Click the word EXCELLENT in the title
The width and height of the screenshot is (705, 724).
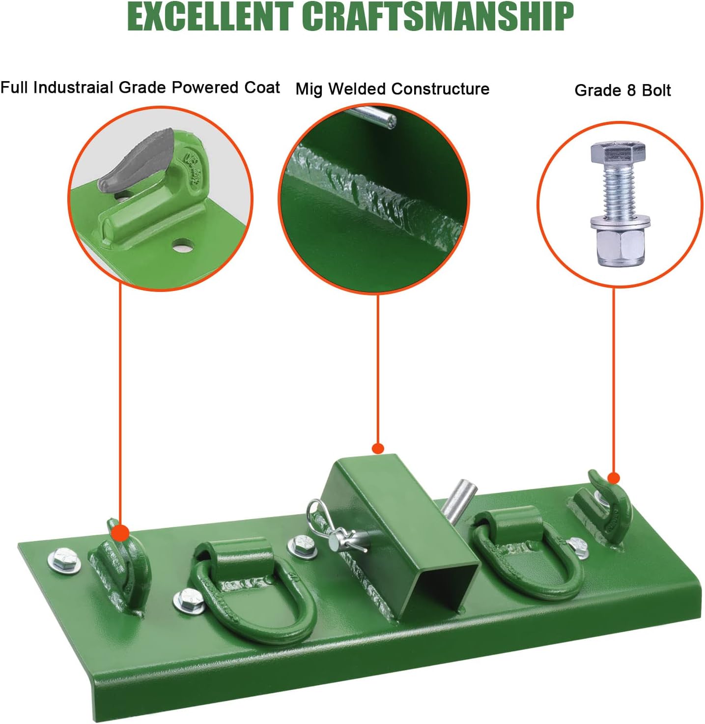click(x=211, y=17)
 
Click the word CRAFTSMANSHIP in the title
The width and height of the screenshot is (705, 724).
click(x=438, y=17)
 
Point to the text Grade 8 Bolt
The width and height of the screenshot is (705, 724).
click(x=622, y=90)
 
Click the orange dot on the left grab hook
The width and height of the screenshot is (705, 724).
click(x=120, y=533)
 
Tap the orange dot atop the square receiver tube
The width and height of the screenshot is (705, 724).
click(x=378, y=448)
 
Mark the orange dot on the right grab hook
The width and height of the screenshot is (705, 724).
click(x=614, y=478)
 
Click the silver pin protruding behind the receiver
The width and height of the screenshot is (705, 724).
click(x=458, y=500)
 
